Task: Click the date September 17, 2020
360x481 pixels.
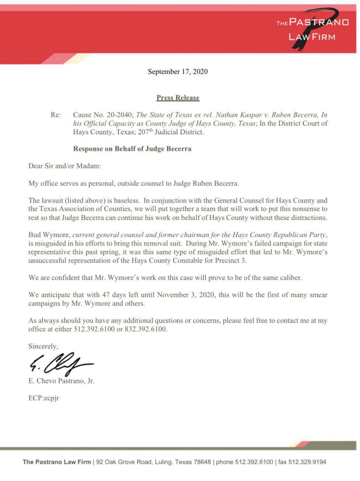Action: tap(178, 72)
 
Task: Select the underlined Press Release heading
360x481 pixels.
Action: tap(178, 97)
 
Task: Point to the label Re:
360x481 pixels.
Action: tap(56, 115)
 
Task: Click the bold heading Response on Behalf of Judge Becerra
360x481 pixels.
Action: tap(132, 149)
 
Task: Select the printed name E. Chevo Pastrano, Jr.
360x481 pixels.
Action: tap(61, 381)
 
